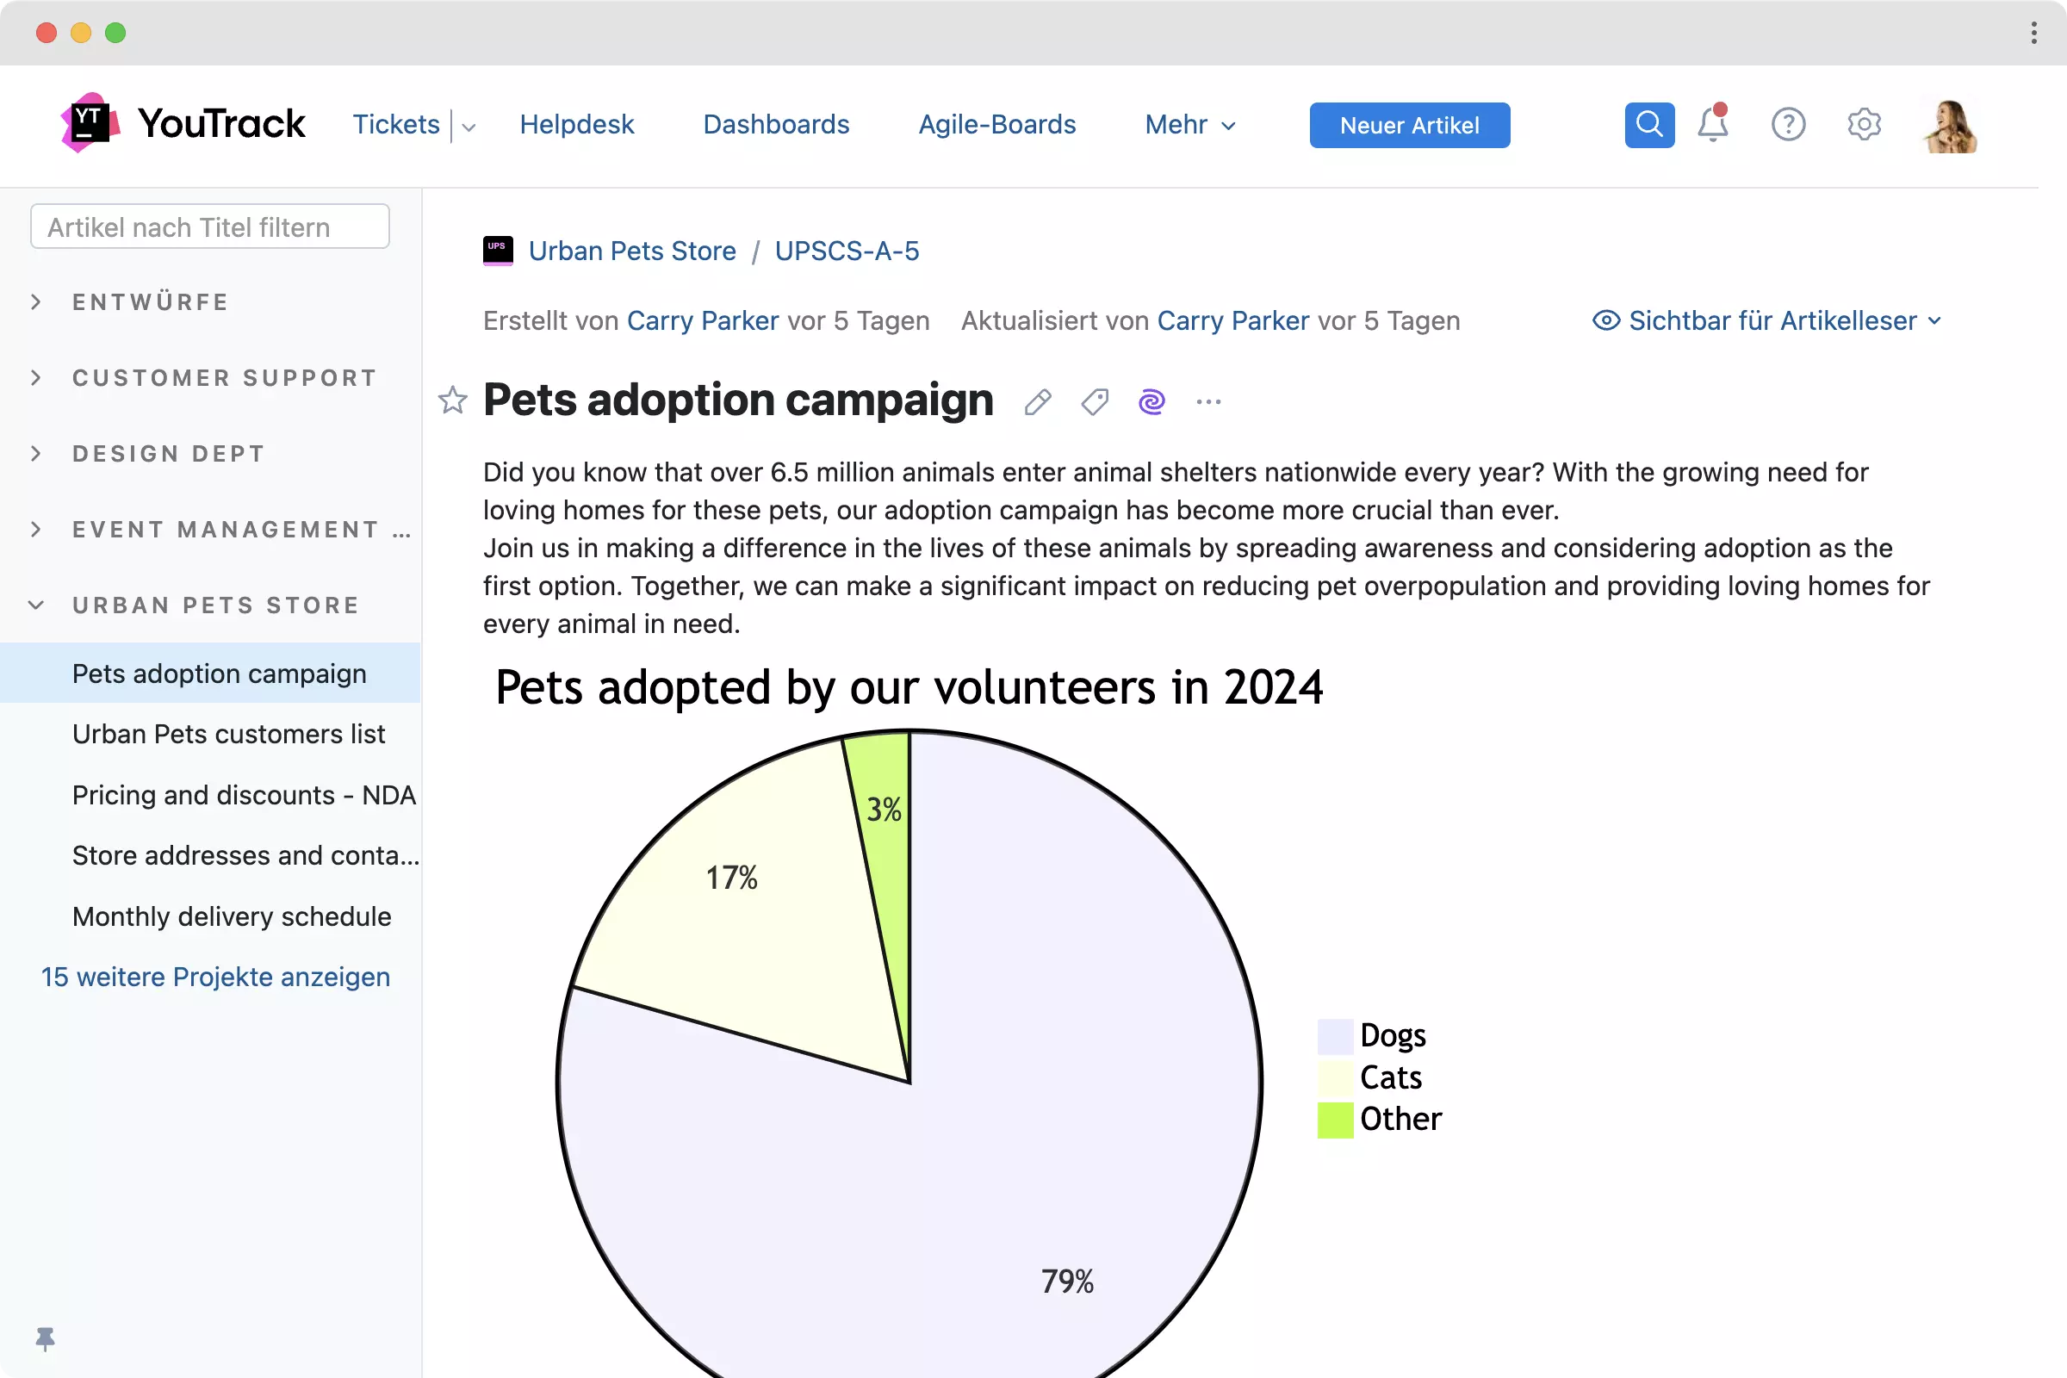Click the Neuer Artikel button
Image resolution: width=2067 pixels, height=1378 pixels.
[1409, 125]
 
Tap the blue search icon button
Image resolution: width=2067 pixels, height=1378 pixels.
[1648, 125]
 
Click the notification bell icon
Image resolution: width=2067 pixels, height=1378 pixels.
[1712, 124]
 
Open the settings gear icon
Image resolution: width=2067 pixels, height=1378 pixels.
[1863, 124]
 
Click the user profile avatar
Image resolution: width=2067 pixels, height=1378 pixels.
[1950, 126]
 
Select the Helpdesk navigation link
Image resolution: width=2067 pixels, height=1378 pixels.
[576, 124]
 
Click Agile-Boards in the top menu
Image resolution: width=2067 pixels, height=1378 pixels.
[996, 124]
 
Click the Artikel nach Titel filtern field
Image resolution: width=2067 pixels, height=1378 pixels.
[210, 227]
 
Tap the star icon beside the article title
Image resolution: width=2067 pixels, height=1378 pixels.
[453, 400]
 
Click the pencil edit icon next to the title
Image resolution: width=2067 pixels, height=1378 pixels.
[1037, 401]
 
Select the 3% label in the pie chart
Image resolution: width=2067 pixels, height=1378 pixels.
[884, 809]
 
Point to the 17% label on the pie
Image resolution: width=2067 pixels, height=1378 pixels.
[731, 877]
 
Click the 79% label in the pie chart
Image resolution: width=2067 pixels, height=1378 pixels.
[1067, 1281]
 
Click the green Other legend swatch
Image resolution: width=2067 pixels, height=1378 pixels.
[1335, 1120]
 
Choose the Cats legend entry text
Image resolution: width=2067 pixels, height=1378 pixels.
[1390, 1077]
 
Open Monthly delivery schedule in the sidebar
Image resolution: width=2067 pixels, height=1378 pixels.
[231, 916]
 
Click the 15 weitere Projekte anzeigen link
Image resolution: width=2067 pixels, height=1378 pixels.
[215, 977]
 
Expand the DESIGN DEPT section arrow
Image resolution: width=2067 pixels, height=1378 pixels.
[36, 454]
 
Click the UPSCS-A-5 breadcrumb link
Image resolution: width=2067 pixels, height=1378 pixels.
[847, 251]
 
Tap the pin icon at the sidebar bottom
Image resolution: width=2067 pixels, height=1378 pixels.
[45, 1338]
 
